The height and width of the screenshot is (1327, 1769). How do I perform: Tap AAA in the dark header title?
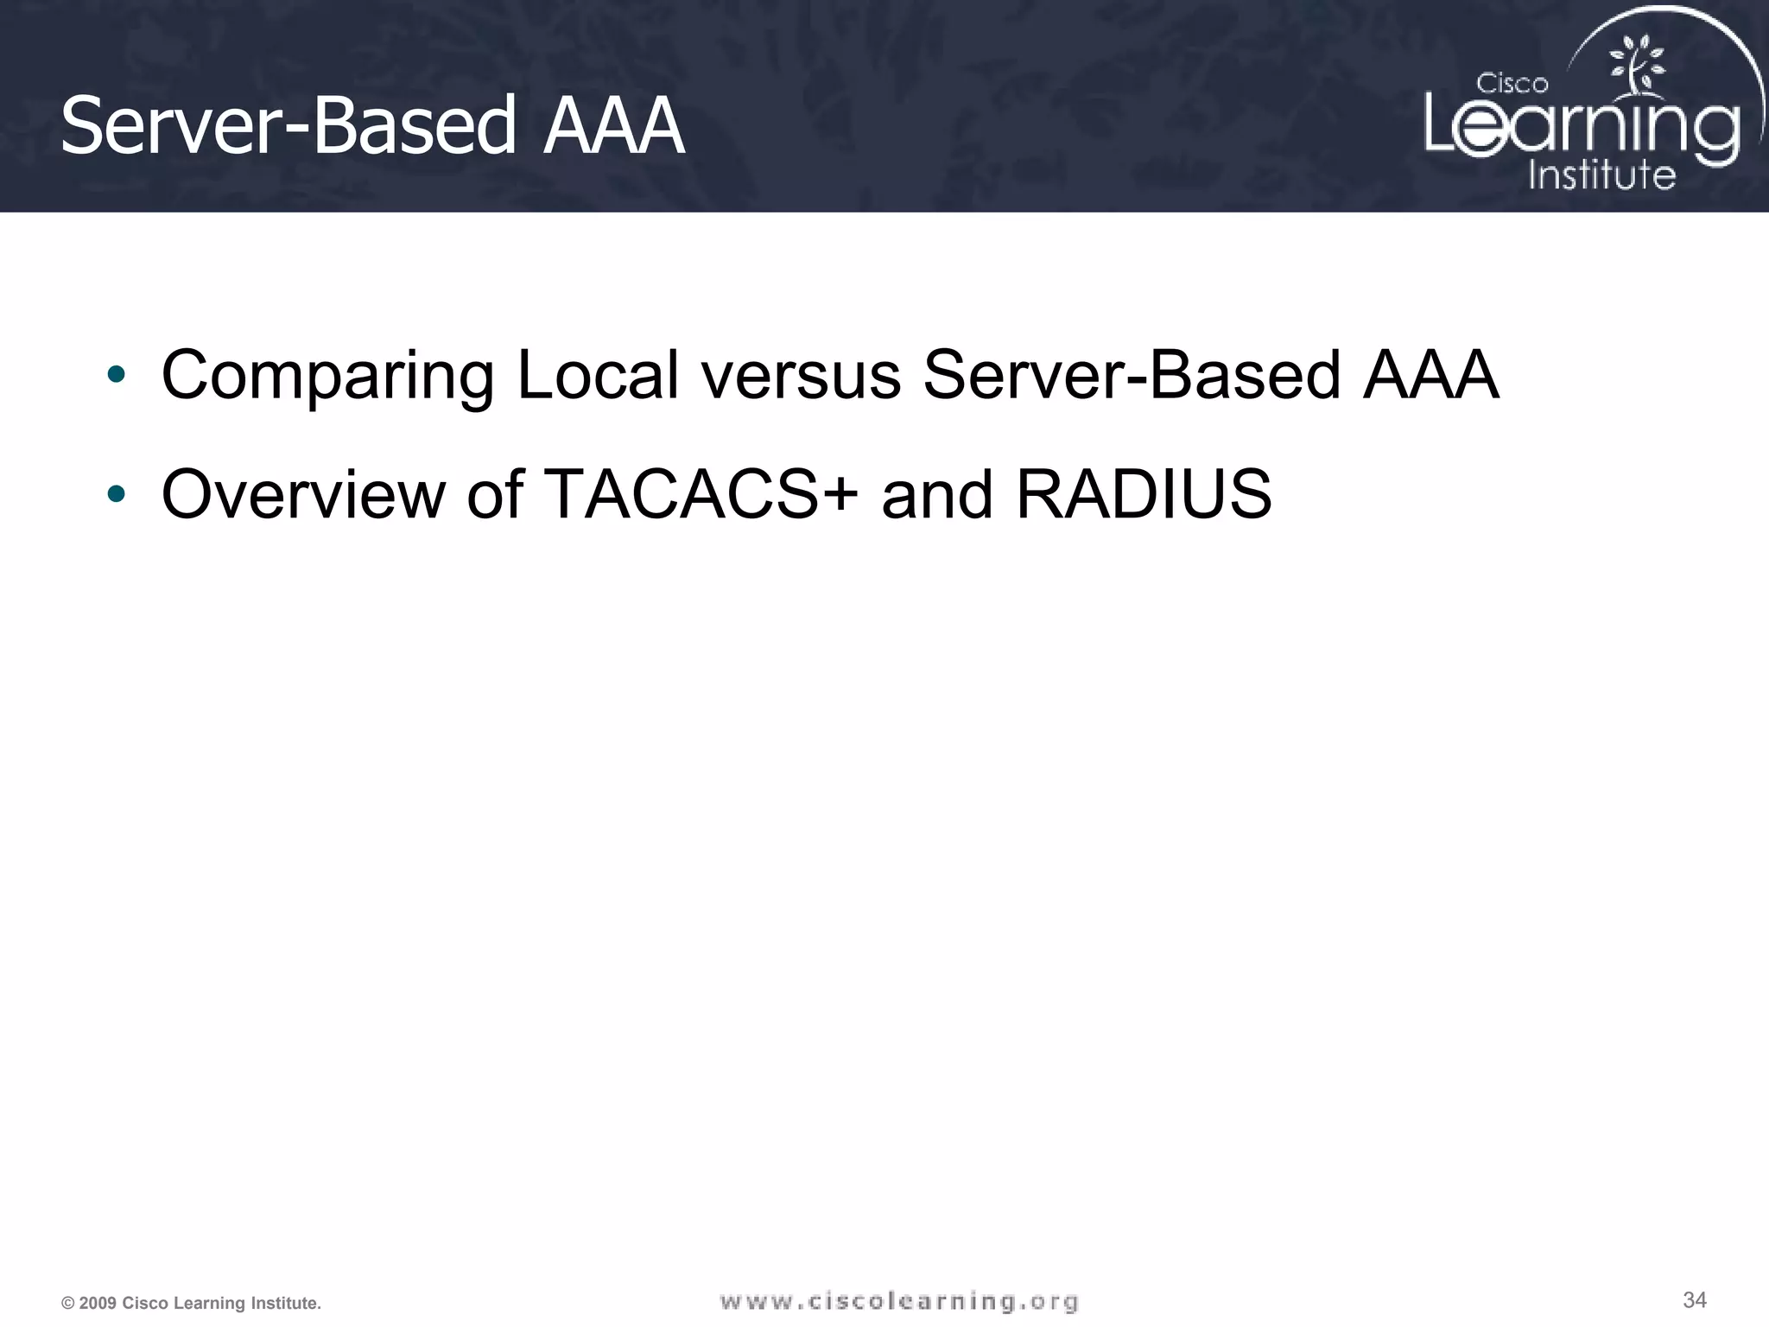[613, 126]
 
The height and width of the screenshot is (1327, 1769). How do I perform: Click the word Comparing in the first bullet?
[327, 377]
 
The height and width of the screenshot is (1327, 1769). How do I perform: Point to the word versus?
[801, 377]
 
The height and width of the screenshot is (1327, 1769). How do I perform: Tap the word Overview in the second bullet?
[302, 494]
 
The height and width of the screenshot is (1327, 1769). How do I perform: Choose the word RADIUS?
[1144, 494]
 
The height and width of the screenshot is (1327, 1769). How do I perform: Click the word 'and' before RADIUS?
[937, 494]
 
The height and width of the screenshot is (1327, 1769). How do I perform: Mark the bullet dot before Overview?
[117, 494]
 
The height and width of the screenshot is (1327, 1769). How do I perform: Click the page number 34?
[1695, 1299]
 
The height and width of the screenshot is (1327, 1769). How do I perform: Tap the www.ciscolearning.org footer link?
[899, 1301]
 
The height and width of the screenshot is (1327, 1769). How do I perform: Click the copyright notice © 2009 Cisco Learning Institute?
[191, 1303]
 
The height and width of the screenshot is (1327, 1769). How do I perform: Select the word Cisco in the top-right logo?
[1512, 84]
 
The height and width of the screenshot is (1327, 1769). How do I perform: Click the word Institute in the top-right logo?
[1601, 175]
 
